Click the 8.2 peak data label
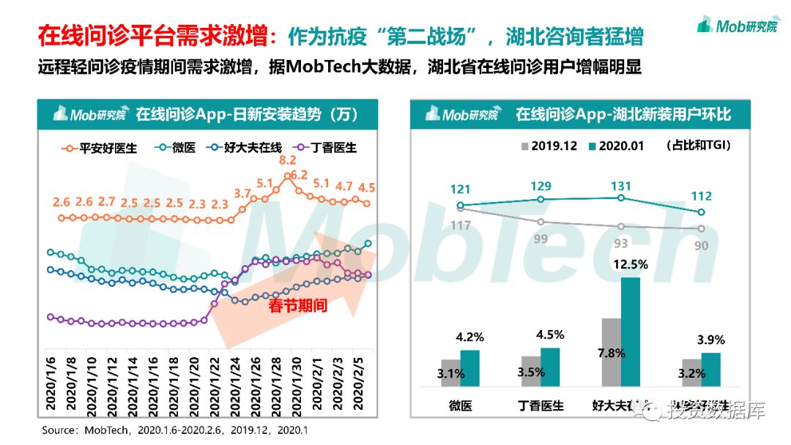point(287,160)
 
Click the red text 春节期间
point(297,306)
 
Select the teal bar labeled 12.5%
point(630,331)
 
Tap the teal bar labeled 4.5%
point(549,367)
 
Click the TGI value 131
point(620,186)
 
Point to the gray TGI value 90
point(701,246)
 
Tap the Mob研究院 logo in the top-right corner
point(736,26)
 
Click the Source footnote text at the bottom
point(175,430)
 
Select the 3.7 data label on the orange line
point(242,193)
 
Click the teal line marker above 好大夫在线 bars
point(621,198)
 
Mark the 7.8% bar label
point(611,353)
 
